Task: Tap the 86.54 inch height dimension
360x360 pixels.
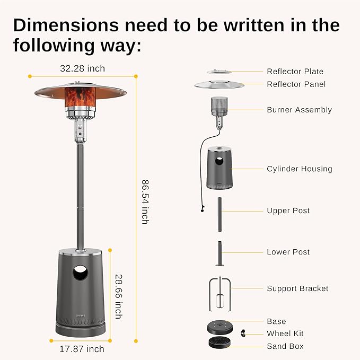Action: pos(145,202)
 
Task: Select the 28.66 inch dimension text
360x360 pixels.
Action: pos(118,296)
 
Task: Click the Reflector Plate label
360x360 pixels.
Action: pos(295,72)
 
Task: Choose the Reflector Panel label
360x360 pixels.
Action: pos(296,84)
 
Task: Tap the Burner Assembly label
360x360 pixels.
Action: pos(299,110)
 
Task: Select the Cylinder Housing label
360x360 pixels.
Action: pos(299,169)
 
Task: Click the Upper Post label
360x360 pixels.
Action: pos(288,211)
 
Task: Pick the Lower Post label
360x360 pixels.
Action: pos(288,252)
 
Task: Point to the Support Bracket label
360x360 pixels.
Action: pos(297,289)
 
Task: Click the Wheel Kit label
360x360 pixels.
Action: pos(285,334)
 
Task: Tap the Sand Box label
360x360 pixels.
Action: pos(285,347)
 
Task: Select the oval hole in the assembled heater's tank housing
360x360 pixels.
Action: pos(81,274)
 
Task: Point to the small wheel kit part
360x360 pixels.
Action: pos(244,333)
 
